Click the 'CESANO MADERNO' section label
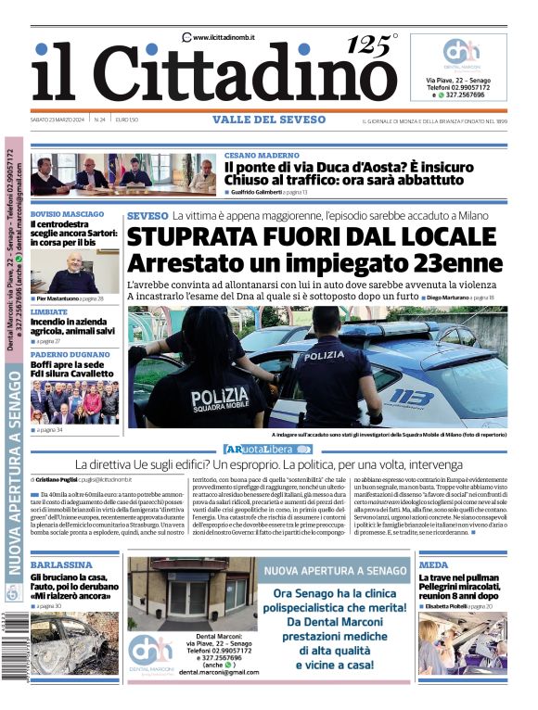(261, 155)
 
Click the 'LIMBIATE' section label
(48, 312)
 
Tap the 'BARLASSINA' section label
(60, 564)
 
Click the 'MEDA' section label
(433, 564)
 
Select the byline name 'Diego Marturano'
(448, 297)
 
